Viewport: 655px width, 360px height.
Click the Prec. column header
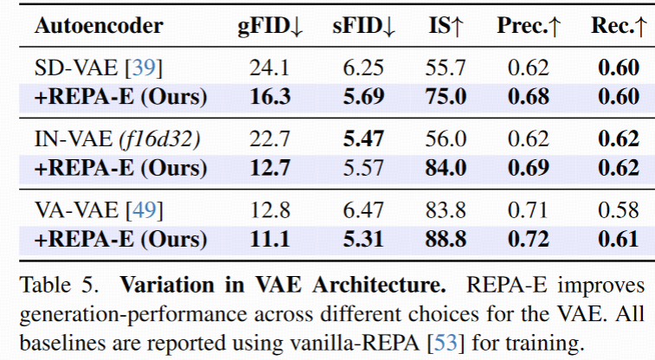[x=529, y=26]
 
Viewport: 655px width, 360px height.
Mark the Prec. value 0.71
[x=528, y=209]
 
